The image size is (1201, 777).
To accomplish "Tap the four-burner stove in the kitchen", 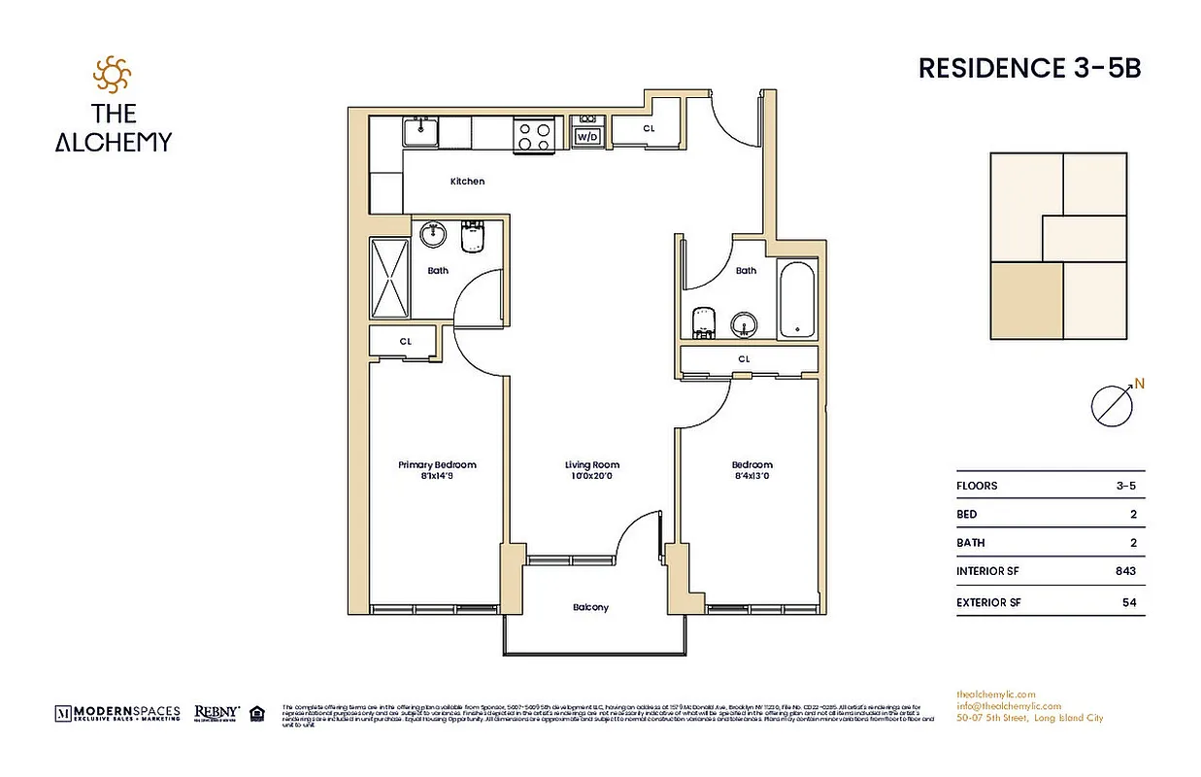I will click(533, 134).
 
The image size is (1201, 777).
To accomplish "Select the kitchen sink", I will click(421, 130).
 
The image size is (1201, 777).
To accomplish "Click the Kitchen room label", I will click(467, 182).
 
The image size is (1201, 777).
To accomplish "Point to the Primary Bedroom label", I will click(437, 465).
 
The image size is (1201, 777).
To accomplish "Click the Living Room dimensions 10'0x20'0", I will click(591, 476).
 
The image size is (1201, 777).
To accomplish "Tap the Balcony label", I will click(590, 608).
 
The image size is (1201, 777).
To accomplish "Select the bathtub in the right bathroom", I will click(797, 299).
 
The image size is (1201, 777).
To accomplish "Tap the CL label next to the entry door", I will click(648, 128).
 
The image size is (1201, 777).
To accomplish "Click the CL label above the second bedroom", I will click(745, 359).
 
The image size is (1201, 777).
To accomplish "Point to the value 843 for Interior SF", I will click(1125, 572).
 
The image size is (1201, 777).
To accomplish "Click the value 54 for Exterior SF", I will click(1128, 603).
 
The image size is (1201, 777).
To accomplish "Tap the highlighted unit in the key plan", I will click(1026, 300).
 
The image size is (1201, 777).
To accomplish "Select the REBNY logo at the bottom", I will click(217, 713).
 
